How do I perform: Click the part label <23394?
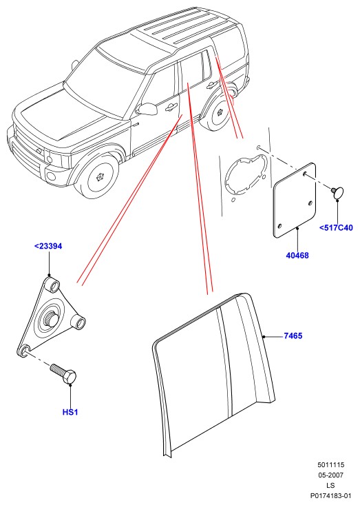48,247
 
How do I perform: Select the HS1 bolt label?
70,412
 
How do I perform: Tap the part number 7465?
293,336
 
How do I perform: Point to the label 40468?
297,256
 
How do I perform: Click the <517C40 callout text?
336,228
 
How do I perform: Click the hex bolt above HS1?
64,373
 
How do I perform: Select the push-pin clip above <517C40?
337,192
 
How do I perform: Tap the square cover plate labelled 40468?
295,200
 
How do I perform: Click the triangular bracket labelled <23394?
51,317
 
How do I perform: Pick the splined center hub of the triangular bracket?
52,319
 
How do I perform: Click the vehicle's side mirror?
147,109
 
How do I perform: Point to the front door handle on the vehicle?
171,107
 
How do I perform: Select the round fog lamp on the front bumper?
51,176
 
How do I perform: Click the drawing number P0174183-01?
330,495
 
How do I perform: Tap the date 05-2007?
330,475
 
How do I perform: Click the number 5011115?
330,464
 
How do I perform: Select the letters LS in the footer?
330,485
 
